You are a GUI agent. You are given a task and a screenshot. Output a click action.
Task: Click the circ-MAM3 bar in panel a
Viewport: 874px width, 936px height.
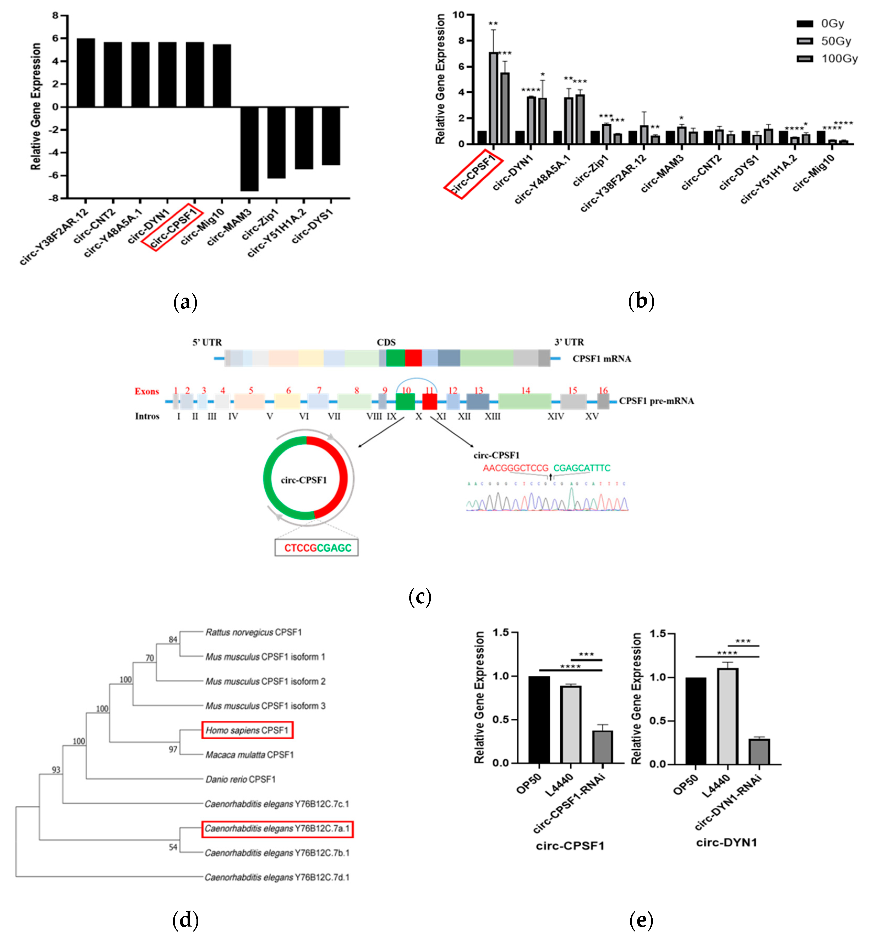249,149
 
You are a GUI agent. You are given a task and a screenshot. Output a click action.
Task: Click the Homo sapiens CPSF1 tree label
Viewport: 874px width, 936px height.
247,730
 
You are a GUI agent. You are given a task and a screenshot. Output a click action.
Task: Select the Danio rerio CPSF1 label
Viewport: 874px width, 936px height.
240,779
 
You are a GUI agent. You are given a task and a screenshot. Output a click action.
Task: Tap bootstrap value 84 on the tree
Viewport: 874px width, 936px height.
173,639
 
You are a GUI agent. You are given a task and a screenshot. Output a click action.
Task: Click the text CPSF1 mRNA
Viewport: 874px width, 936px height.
602,359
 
